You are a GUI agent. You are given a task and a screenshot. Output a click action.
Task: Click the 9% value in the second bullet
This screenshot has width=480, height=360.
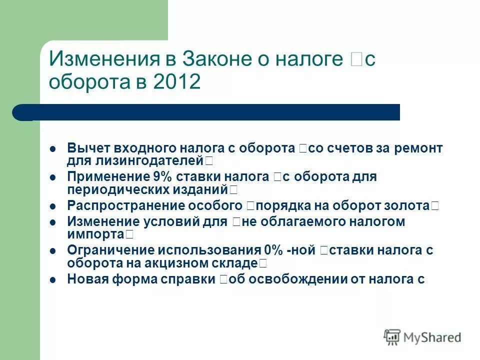coord(157,177)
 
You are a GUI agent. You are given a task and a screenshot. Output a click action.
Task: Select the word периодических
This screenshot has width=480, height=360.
coord(111,189)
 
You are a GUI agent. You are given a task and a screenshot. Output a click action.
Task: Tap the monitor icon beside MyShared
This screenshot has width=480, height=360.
coord(392,337)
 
